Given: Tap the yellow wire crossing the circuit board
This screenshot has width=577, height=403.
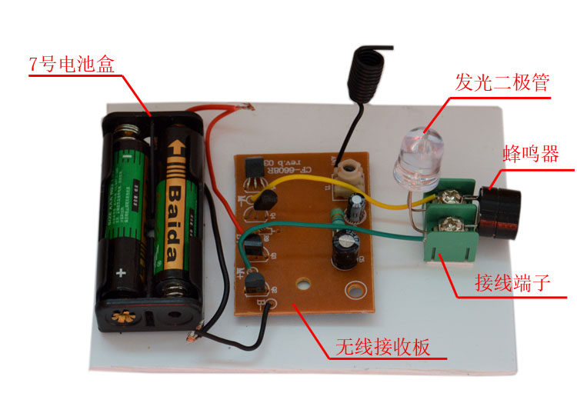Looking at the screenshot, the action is click(x=308, y=181).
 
